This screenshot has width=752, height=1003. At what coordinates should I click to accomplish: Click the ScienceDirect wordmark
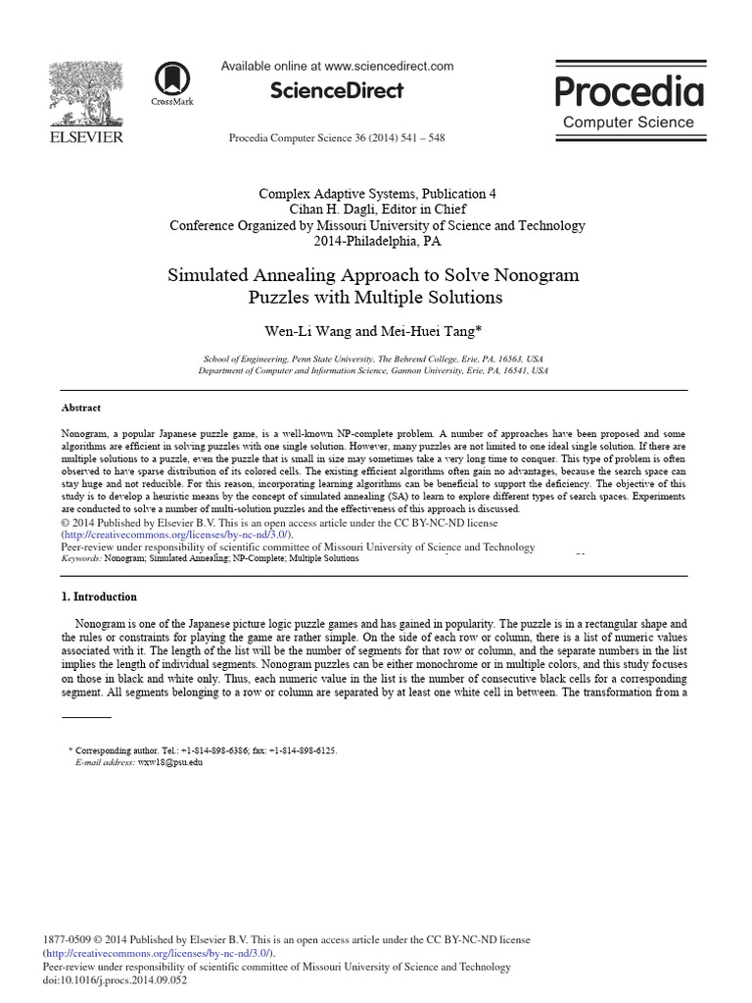[x=336, y=91]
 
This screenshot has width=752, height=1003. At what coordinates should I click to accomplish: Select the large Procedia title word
[x=629, y=92]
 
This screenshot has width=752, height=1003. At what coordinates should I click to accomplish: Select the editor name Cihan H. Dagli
[x=332, y=210]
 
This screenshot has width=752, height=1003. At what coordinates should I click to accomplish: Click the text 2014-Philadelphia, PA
[x=377, y=241]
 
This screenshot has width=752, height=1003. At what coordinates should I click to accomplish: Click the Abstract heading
[x=80, y=407]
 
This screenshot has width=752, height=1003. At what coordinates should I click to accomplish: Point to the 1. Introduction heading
[x=99, y=597]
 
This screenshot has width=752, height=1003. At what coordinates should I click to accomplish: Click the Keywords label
[x=86, y=558]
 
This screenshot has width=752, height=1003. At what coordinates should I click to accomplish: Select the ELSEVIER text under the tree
[x=87, y=137]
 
